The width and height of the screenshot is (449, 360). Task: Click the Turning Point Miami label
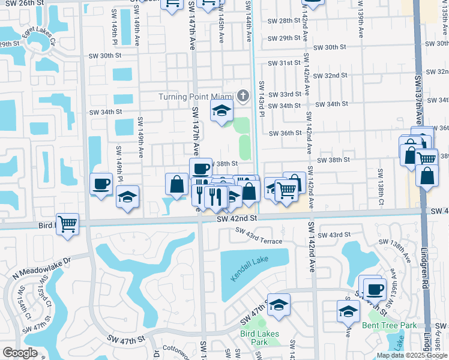pyautogui.click(x=196, y=97)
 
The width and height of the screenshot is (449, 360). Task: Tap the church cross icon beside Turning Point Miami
pyautogui.click(x=243, y=96)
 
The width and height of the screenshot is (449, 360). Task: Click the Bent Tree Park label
pyautogui.click(x=389, y=326)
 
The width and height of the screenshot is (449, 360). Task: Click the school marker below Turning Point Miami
pyautogui.click(x=221, y=111)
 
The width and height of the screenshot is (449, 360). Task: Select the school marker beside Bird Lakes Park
pyautogui.click(x=279, y=305)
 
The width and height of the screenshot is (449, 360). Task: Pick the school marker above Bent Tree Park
pyautogui.click(x=348, y=311)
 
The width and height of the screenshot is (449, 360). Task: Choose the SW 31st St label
pyautogui.click(x=284, y=63)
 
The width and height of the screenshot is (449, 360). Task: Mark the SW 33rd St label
pyautogui.click(x=284, y=95)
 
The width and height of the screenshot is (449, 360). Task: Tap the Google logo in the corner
pyautogui.click(x=20, y=353)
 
